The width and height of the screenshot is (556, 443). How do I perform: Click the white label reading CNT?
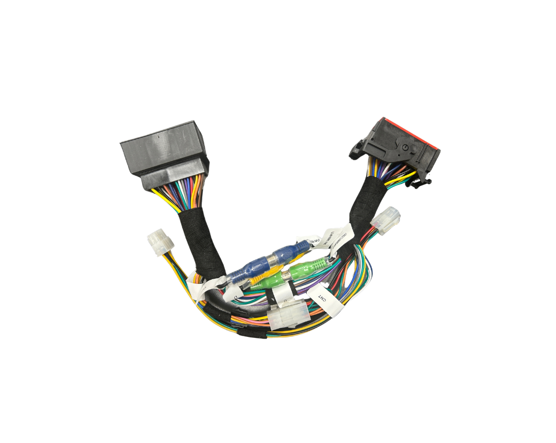tap(323, 300)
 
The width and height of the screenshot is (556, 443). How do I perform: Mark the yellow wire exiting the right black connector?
tap(406, 177)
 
